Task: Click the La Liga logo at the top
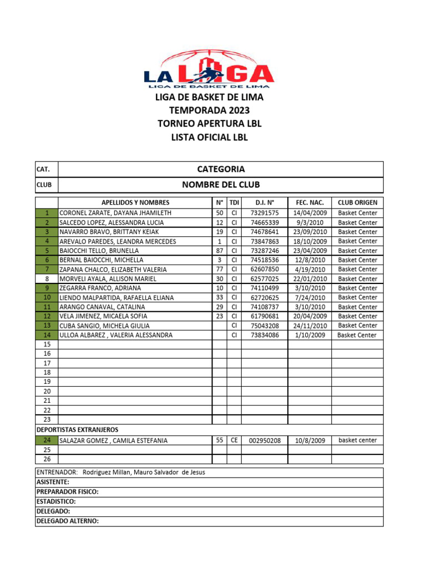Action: click(x=209, y=69)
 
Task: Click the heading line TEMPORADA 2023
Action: click(x=209, y=110)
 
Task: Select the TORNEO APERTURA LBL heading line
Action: click(x=209, y=123)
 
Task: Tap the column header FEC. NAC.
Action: click(x=310, y=202)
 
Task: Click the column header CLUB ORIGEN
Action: click(x=357, y=202)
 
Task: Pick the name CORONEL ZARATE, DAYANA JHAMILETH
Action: click(x=115, y=213)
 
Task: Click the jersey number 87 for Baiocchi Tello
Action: click(x=220, y=251)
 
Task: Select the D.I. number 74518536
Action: click(x=265, y=260)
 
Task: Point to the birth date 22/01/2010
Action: click(x=310, y=279)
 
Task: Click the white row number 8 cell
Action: click(x=47, y=279)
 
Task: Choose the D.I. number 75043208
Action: click(x=265, y=326)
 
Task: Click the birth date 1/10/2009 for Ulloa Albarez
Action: click(x=310, y=335)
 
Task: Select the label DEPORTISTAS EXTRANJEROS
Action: click(x=77, y=430)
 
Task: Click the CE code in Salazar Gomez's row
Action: click(x=234, y=440)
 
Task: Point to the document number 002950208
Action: click(x=265, y=440)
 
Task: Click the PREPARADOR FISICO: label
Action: click(x=68, y=491)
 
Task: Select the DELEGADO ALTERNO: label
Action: click(x=67, y=521)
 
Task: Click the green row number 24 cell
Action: click(x=47, y=440)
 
